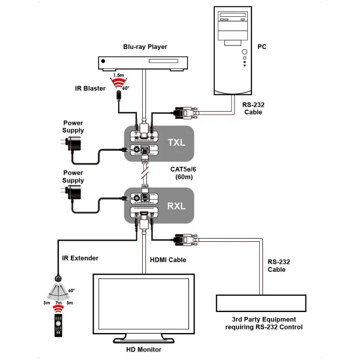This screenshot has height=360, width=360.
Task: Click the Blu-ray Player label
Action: (x=145, y=46)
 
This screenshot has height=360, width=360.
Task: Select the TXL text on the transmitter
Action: (x=176, y=143)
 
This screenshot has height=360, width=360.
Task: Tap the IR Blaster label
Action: (x=91, y=89)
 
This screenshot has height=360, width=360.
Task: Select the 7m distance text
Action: (x=58, y=304)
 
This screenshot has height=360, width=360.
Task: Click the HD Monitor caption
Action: (x=143, y=349)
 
